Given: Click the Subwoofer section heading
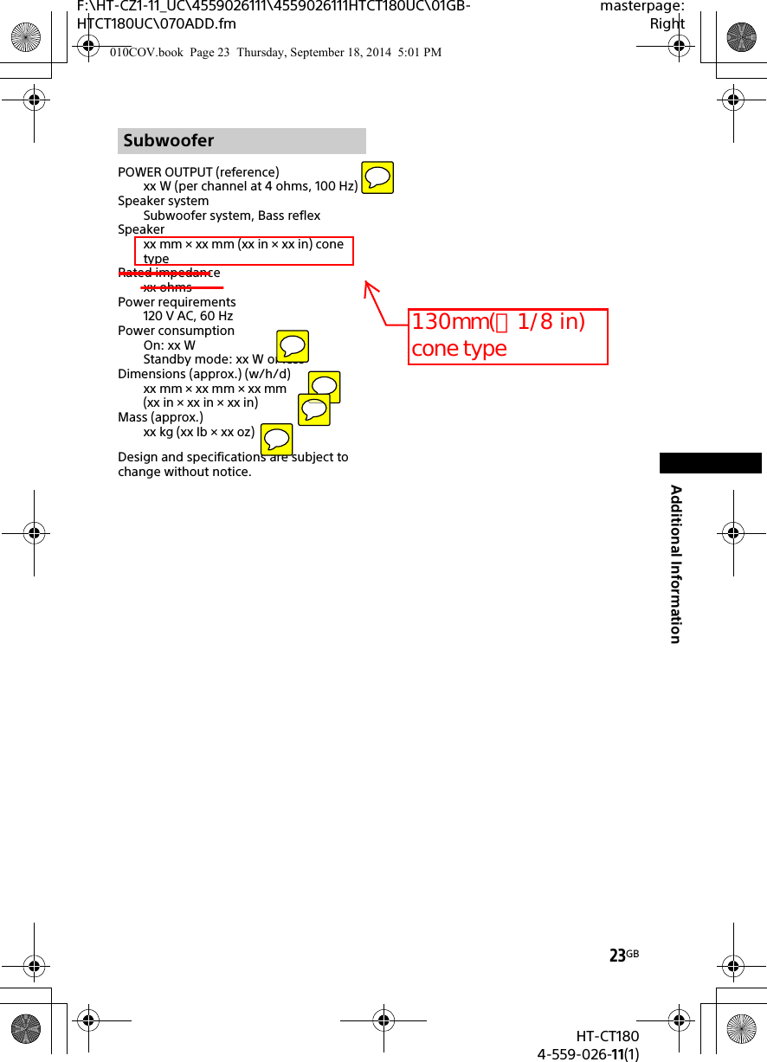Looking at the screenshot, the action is pos(169,140).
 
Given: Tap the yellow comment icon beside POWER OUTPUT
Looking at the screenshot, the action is pos(377,177).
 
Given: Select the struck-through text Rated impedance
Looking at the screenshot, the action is pos(169,273).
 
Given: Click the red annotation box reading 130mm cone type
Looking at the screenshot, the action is pos(508,336).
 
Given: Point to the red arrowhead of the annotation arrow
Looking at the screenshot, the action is pos(368,285).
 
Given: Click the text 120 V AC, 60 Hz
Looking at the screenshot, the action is pos(188,316).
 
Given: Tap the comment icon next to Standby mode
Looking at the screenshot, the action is pos(293,346).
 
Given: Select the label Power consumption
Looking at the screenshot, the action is pos(176,331).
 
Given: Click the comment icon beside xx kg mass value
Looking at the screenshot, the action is pos(276,440).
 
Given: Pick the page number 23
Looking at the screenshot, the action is pos(617,956).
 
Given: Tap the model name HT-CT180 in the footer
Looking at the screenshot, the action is pos(608,1037).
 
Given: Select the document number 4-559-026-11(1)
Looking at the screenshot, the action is pos(589,1053).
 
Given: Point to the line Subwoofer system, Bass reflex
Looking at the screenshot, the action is pos(232,216).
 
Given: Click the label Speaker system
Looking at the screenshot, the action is pos(163,201).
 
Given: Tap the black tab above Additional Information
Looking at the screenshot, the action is pos(710,463).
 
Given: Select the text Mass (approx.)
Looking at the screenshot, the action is pos(160,417).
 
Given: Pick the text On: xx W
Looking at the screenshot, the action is pos(170,345).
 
